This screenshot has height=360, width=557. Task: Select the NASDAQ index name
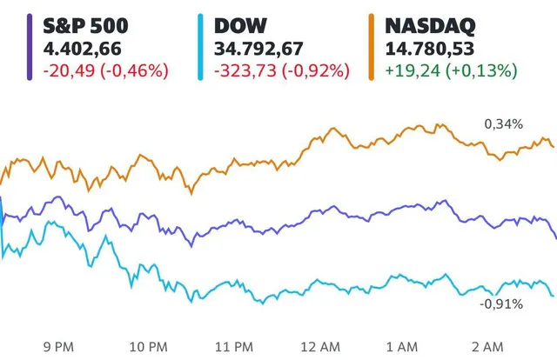[x=433, y=25]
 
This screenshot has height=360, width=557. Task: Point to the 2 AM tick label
[x=489, y=347]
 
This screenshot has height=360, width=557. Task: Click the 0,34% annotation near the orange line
[x=504, y=124]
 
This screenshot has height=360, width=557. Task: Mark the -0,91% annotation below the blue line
[x=501, y=303]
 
